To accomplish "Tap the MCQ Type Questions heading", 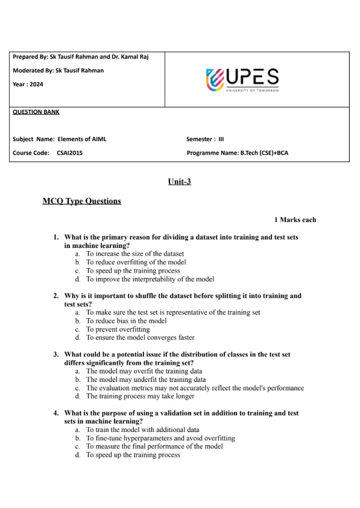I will tap(82, 201).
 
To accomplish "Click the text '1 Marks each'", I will tap(295, 220).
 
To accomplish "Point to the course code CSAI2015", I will tap(70, 153).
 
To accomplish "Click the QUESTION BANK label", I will tap(36, 112).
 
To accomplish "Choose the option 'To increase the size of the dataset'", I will tap(134, 254).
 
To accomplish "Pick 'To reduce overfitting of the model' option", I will tap(136, 262).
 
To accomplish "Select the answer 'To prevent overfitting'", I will tap(118, 329).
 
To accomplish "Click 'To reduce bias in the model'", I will tap(126, 321).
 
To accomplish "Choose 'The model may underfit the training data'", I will tap(145, 380).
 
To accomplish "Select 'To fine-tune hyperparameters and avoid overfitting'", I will tap(160, 438).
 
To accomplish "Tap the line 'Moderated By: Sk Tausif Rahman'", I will tap(58, 71).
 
